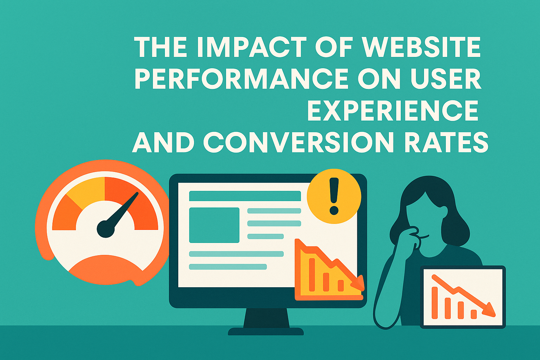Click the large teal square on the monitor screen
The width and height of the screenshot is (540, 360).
(214, 225)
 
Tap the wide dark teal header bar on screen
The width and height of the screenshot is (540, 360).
(245, 196)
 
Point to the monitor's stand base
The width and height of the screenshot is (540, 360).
(266, 331)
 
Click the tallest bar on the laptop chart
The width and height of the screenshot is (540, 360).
(435, 302)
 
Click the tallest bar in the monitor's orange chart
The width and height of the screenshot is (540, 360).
(311, 274)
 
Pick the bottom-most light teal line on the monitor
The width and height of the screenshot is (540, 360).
(228, 267)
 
